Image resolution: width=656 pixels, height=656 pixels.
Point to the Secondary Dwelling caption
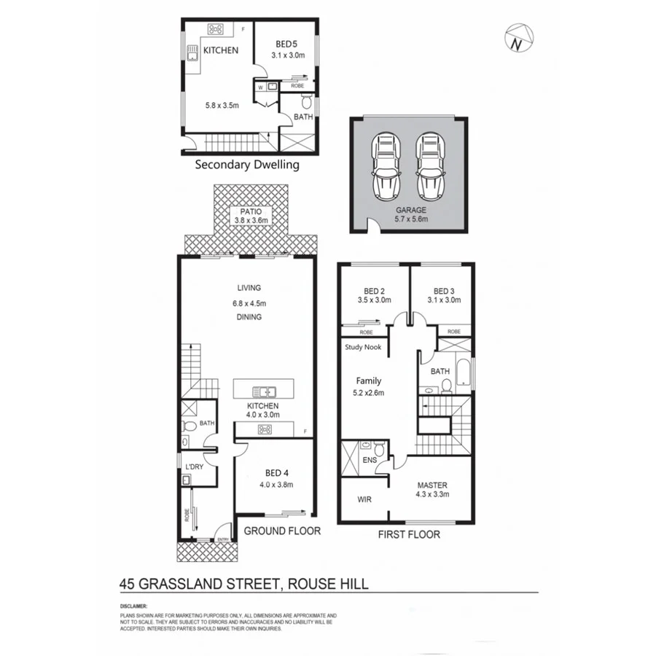click(247, 165)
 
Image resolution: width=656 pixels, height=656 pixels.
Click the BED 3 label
click(444, 289)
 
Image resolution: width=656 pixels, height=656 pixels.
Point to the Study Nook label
click(364, 348)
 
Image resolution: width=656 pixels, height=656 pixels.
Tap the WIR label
click(365, 500)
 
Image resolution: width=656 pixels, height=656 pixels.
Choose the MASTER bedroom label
click(432, 485)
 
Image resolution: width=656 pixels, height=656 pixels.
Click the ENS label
click(370, 461)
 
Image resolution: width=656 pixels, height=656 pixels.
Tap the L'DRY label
click(194, 466)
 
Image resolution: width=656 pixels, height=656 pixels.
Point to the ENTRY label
click(223, 539)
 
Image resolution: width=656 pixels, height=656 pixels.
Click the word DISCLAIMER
click(134, 606)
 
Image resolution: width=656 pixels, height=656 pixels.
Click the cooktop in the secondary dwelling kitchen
click(216, 30)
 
